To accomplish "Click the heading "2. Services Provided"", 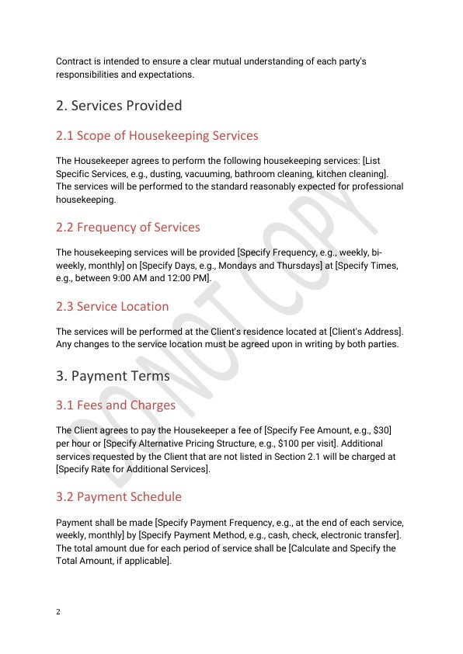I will [119, 106].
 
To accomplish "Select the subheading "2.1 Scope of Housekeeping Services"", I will [157, 136].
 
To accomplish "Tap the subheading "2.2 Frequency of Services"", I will [128, 228].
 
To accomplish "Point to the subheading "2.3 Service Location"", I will [112, 306].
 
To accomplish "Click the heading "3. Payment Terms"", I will [113, 376].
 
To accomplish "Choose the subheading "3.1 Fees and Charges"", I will [116, 405].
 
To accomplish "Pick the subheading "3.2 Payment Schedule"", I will [119, 497].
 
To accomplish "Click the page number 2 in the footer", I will [58, 611].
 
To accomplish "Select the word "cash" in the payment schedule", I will [284, 535].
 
